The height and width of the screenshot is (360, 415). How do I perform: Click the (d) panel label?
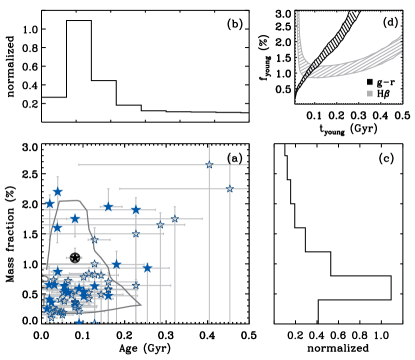[x=389, y=22]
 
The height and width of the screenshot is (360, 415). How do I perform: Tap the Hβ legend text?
[x=384, y=93]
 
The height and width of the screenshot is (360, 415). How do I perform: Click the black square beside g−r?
[x=370, y=82]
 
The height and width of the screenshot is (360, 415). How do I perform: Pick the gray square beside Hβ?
[x=370, y=93]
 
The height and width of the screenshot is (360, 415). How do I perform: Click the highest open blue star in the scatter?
[x=209, y=165]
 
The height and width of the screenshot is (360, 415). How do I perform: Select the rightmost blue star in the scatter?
[x=229, y=189]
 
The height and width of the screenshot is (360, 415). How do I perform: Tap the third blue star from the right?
[x=174, y=219]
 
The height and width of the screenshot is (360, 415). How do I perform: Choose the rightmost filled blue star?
[x=147, y=268]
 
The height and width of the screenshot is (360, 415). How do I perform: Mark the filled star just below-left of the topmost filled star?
[x=49, y=204]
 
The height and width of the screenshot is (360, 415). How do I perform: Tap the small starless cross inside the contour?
[x=75, y=258]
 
